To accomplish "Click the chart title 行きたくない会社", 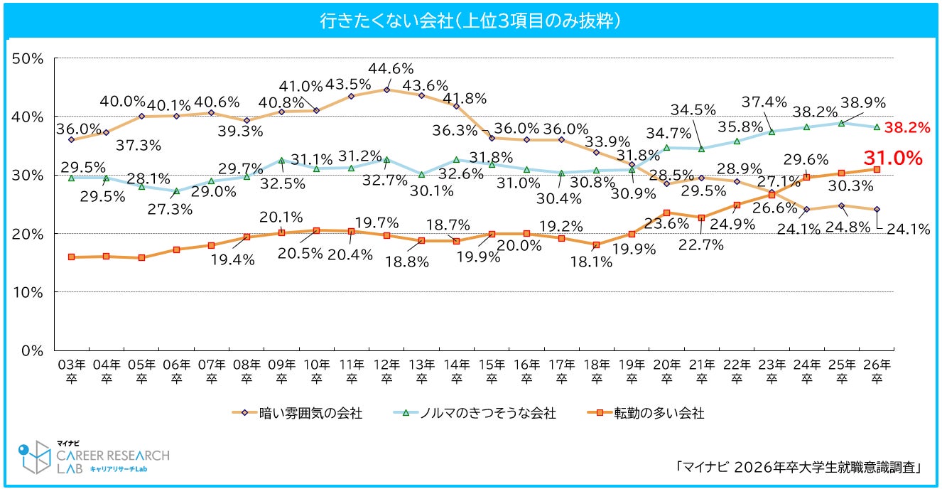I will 470,21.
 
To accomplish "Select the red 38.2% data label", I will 911,128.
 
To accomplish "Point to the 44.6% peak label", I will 391,69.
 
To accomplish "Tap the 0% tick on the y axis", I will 33,350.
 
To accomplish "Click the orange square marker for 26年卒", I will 877,169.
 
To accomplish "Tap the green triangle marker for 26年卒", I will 877,127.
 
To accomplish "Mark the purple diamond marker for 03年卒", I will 71,139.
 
